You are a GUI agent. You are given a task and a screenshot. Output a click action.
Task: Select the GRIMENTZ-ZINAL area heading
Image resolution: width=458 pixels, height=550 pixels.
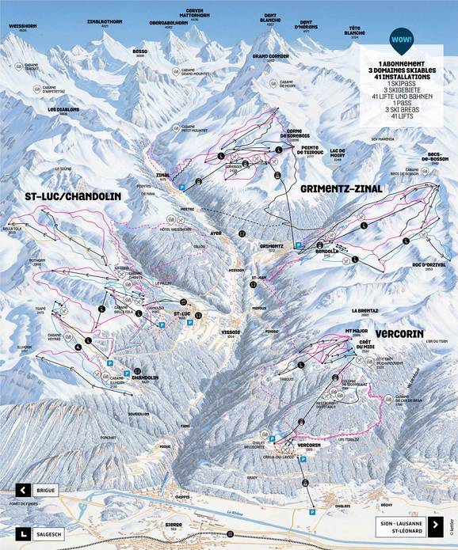342,189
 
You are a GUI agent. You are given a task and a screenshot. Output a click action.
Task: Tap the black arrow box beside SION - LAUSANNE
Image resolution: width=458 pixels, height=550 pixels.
434,524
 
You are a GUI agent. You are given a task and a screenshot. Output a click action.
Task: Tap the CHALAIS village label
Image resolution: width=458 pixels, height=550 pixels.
342,505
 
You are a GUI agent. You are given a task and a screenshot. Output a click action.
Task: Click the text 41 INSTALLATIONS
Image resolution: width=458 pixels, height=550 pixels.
404,78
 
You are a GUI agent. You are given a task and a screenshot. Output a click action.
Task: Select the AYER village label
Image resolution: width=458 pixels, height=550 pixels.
216,233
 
